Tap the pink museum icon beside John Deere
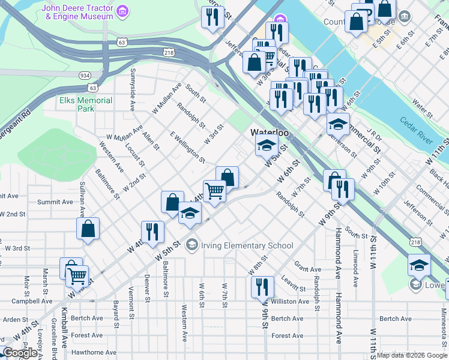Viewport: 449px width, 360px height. (x=123, y=11)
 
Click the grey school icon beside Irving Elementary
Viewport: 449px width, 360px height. (x=191, y=244)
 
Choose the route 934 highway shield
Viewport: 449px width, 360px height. (x=85, y=75)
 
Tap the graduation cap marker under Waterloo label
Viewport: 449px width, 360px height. (x=267, y=145)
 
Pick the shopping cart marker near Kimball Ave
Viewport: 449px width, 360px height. (x=77, y=277)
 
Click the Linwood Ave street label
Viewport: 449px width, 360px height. (x=356, y=268)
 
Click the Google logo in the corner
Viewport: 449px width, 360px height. (x=20, y=353)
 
